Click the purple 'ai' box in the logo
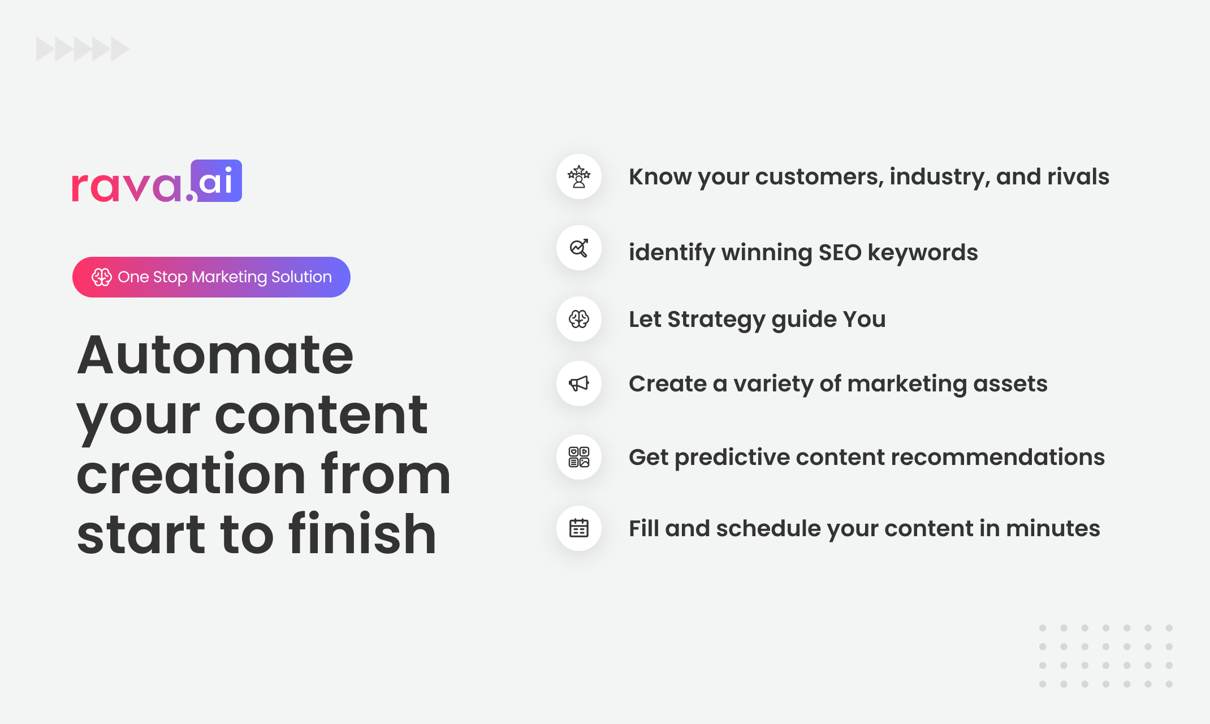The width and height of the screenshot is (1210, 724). [x=217, y=180]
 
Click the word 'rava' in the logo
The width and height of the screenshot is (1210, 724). [x=127, y=186]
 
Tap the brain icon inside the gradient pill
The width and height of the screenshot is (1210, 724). [x=102, y=277]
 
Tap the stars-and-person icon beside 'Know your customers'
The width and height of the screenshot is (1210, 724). [x=579, y=176]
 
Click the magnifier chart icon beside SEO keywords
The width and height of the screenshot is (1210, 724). [x=579, y=248]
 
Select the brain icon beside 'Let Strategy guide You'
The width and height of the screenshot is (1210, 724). [x=579, y=319]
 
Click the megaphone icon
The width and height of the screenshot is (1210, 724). [x=579, y=383]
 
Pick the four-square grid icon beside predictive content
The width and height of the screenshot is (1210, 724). [x=579, y=457]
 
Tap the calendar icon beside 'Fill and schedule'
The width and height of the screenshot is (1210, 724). [x=579, y=528]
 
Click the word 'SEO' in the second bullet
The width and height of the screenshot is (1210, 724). [x=840, y=252]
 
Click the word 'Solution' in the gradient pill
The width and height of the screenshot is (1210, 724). [x=301, y=277]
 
